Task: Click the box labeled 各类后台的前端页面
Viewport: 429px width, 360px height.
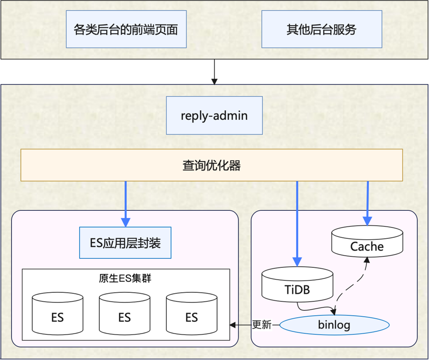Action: [126, 30]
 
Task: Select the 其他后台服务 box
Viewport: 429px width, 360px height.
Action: [321, 30]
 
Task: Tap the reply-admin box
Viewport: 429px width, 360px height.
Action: [214, 116]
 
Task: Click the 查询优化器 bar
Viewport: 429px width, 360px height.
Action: [211, 165]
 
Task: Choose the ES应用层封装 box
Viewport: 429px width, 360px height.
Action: [125, 243]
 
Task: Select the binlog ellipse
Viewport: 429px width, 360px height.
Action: [334, 324]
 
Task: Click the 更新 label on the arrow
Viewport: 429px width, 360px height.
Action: [262, 324]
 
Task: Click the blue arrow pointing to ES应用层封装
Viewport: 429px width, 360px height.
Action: [125, 204]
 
